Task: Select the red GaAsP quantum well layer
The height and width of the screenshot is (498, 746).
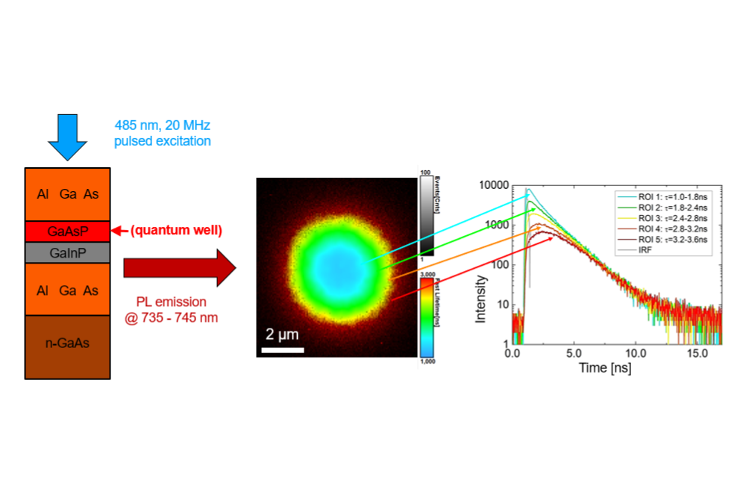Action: point(67,231)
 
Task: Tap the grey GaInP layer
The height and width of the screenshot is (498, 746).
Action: point(67,252)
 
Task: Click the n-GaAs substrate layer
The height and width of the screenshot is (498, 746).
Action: point(67,346)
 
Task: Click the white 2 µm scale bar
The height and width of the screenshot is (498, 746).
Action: point(283,349)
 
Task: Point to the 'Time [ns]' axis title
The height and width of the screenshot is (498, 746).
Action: point(605,369)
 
